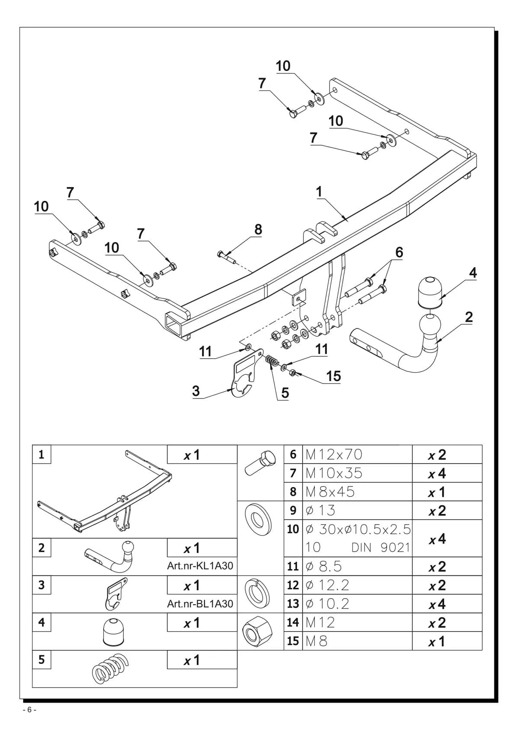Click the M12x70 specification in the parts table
333,454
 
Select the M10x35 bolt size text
333,473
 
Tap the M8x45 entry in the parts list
330,491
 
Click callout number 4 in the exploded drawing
472,273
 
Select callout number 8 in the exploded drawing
258,230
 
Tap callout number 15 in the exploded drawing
333,376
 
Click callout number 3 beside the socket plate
196,391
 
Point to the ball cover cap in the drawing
429,292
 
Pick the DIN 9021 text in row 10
381,547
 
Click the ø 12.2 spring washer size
327,585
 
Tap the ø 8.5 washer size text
324,566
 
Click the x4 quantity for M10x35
437,474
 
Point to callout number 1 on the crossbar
319,192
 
